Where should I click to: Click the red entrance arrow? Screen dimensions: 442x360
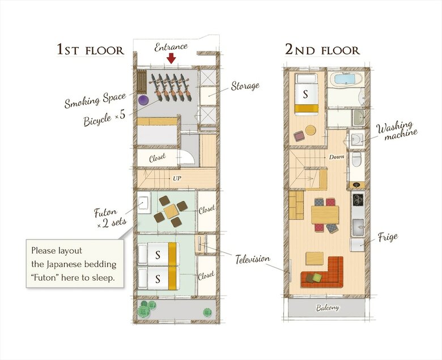171,58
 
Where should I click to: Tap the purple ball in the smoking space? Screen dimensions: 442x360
143,100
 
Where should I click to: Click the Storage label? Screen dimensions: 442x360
245,86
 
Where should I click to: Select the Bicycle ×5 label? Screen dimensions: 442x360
104,118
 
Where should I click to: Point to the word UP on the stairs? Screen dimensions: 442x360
177,178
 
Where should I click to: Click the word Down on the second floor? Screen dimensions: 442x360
336,157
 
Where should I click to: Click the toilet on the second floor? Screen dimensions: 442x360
357,159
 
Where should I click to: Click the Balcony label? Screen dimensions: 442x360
328,307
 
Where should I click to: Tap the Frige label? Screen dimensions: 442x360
388,237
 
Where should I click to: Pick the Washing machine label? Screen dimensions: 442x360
397,131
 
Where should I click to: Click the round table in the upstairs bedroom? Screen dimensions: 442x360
311,130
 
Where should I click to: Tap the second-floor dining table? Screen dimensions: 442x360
325,215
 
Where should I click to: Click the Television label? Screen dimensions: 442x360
253,259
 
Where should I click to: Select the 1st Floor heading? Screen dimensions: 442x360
90,50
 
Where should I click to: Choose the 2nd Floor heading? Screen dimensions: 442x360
322,50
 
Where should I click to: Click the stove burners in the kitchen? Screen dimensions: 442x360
358,199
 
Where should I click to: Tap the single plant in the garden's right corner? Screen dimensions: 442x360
207,312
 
